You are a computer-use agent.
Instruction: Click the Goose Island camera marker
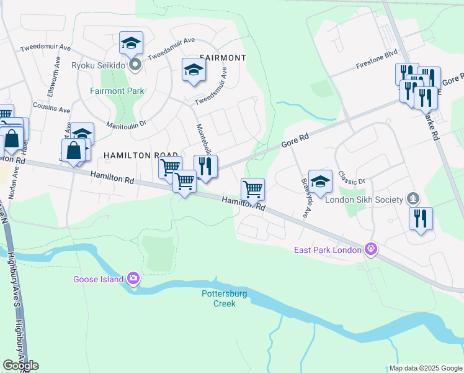tap(133, 279)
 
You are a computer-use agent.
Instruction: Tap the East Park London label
tap(328, 250)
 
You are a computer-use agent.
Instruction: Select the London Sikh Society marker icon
tap(412, 199)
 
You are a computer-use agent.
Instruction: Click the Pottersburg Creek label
tap(218, 298)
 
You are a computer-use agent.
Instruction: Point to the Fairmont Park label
tap(117, 91)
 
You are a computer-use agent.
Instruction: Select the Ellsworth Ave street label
tap(51, 80)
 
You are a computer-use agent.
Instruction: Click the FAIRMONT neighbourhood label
tap(223, 57)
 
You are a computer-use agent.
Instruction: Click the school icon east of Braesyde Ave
tap(320, 181)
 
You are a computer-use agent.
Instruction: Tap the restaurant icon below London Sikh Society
tap(421, 218)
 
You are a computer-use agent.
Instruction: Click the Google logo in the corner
tap(20, 366)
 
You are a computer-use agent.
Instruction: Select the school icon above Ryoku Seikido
tap(131, 42)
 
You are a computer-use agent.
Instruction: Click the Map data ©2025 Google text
tap(425, 368)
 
